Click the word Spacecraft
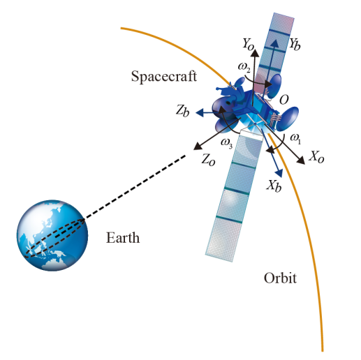pyautogui.click(x=164, y=76)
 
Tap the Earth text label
pyautogui.click(x=123, y=238)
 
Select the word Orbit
pyautogui.click(x=280, y=278)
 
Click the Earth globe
pyautogui.click(x=52, y=235)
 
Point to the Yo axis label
pyautogui.click(x=248, y=44)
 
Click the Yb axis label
pyautogui.click(x=295, y=44)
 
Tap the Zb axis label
pyautogui.click(x=182, y=110)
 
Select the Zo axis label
pyautogui.click(x=208, y=160)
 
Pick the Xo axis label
pyautogui.click(x=316, y=157)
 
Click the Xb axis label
pyautogui.click(x=274, y=186)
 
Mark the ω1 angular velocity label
pyautogui.click(x=295, y=139)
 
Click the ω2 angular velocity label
pyautogui.click(x=244, y=68)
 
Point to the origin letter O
pyautogui.click(x=283, y=100)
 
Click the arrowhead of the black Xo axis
pyautogui.click(x=301, y=160)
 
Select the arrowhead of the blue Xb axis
pyautogui.click(x=279, y=174)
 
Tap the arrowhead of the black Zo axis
pyautogui.click(x=198, y=147)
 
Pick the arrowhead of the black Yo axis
pyautogui.click(x=256, y=53)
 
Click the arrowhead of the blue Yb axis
pyautogui.click(x=275, y=43)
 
